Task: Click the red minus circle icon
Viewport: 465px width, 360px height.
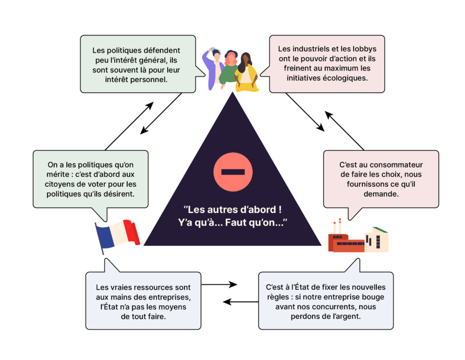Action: tap(232, 172)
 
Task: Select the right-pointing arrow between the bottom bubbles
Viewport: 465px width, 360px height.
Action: tap(219, 285)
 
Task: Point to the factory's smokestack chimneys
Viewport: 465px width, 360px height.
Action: tap(337, 226)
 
